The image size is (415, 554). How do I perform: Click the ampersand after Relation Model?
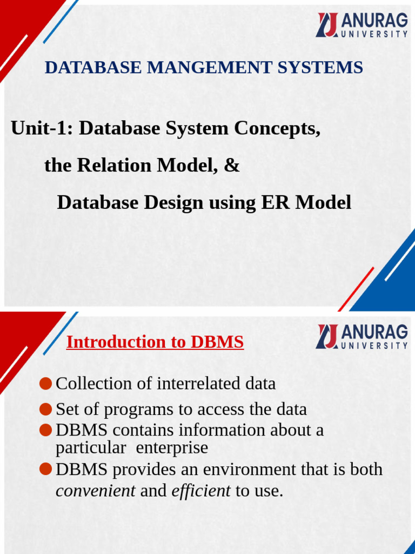pyautogui.click(x=231, y=166)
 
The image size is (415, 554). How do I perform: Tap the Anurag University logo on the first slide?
pyautogui.click(x=362, y=25)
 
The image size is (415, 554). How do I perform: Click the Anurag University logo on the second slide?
pyautogui.click(x=362, y=337)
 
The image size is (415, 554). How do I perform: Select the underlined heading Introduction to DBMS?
pyautogui.click(x=155, y=342)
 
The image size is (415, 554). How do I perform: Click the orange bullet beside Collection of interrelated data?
pyautogui.click(x=46, y=384)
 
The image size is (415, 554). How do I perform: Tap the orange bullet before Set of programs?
pyautogui.click(x=46, y=410)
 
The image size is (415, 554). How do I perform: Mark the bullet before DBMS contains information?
pyautogui.click(x=46, y=431)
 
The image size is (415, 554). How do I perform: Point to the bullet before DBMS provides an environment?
pyautogui.click(x=46, y=469)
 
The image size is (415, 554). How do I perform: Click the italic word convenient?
pyautogui.click(x=96, y=491)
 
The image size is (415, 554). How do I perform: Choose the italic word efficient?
pyautogui.click(x=201, y=491)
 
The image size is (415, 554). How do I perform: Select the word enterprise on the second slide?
pyautogui.click(x=172, y=448)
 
